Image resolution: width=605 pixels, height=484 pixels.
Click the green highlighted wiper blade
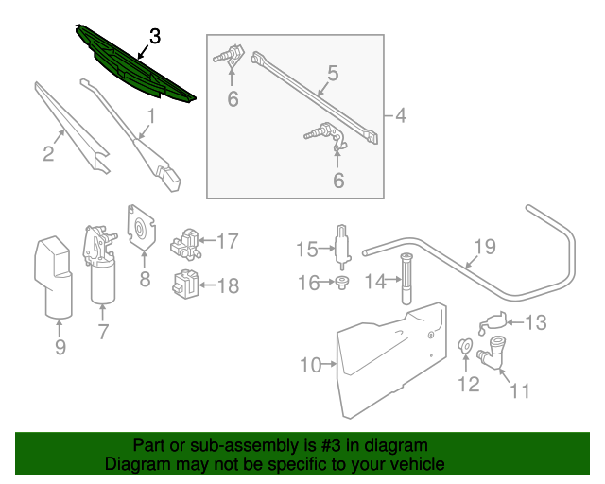click(x=132, y=64)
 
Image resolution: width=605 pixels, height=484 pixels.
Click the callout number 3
click(x=155, y=36)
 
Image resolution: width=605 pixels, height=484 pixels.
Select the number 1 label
click(x=150, y=117)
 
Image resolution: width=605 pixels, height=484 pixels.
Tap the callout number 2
click(x=47, y=153)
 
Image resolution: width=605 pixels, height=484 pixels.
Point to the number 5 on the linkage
click(x=332, y=72)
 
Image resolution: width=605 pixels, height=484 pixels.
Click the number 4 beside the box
click(x=400, y=117)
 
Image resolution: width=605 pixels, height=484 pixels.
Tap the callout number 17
click(x=227, y=241)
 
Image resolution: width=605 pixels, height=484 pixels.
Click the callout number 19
click(x=484, y=248)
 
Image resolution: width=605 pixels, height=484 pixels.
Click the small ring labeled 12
click(x=466, y=346)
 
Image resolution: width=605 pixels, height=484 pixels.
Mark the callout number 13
click(x=535, y=323)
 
